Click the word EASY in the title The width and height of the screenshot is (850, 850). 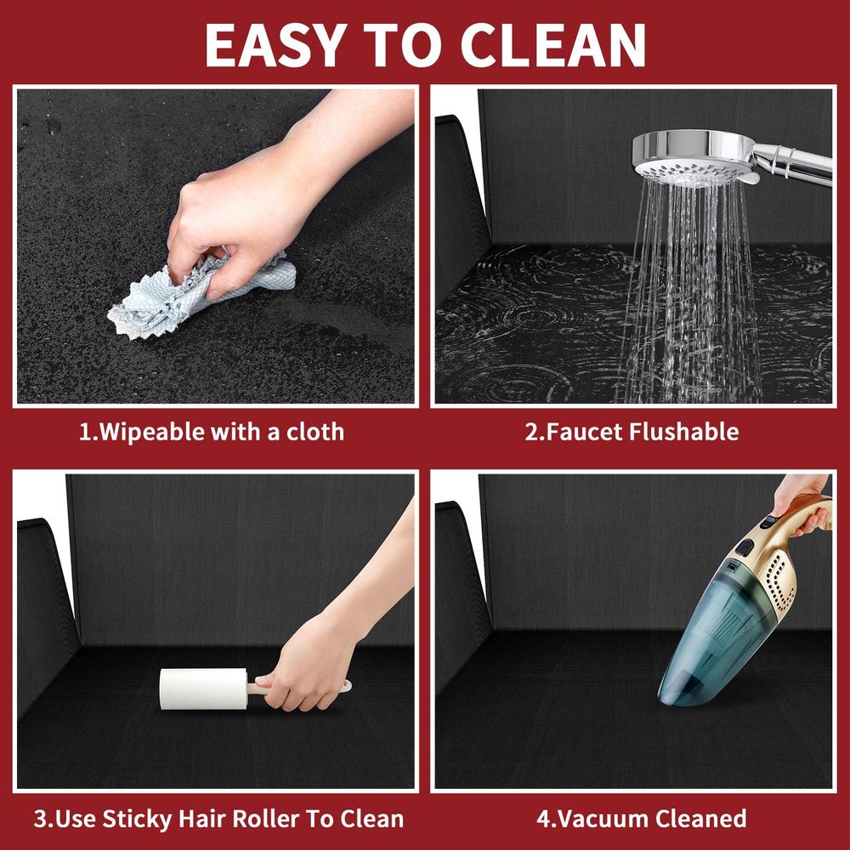(276, 46)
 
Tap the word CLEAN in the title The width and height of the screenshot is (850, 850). (553, 46)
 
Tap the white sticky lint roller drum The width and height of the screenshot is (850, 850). (203, 688)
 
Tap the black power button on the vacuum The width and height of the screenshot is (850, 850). (745, 547)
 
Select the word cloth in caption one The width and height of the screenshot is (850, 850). (315, 432)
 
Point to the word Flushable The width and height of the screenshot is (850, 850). (684, 432)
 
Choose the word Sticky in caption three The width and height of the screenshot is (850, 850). (137, 819)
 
